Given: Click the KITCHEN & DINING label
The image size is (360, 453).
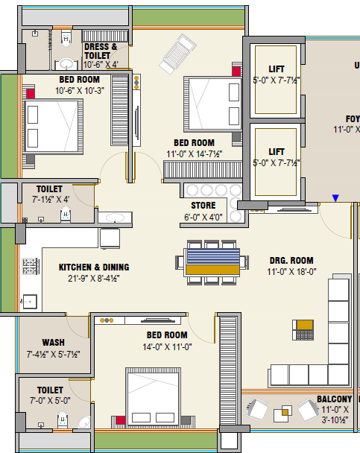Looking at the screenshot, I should (x=94, y=267).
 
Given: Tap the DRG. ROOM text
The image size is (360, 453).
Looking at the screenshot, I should (x=291, y=260).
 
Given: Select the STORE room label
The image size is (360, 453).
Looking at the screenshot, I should (x=203, y=206).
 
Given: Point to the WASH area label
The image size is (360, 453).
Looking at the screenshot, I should (x=53, y=343).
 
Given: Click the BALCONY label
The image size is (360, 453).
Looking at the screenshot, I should (x=334, y=399).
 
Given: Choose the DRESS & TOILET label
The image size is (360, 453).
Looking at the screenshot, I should (x=101, y=51).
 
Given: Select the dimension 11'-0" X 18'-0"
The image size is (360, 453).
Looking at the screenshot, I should (x=291, y=272).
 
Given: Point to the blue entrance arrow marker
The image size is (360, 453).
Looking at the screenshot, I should (x=335, y=198).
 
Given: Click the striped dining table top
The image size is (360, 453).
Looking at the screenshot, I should (x=212, y=261).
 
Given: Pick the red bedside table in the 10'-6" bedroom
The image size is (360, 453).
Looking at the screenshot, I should (x=31, y=94).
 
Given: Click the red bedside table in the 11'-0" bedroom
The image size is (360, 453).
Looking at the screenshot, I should (x=236, y=71).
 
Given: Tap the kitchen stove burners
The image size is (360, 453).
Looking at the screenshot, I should (x=31, y=264).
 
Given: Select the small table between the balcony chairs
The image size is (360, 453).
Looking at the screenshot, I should (x=285, y=410).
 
